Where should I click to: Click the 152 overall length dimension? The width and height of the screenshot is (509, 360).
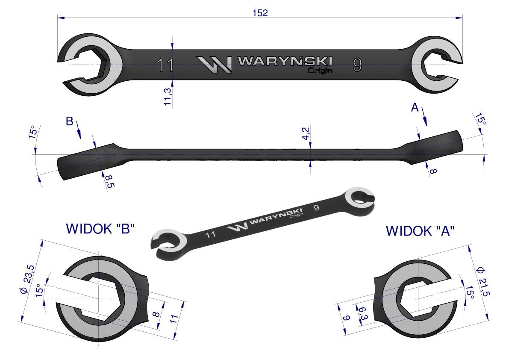tap(260, 13)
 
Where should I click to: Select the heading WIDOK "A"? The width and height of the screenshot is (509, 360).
tap(420, 231)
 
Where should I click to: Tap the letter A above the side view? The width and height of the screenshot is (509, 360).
tap(414, 108)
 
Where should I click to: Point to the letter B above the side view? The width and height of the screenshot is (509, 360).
tap(69, 121)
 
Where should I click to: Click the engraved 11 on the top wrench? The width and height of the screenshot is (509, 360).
tap(165, 65)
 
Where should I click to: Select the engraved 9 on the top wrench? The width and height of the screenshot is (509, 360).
tap(357, 65)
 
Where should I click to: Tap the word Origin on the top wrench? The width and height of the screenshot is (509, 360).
tap(320, 71)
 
